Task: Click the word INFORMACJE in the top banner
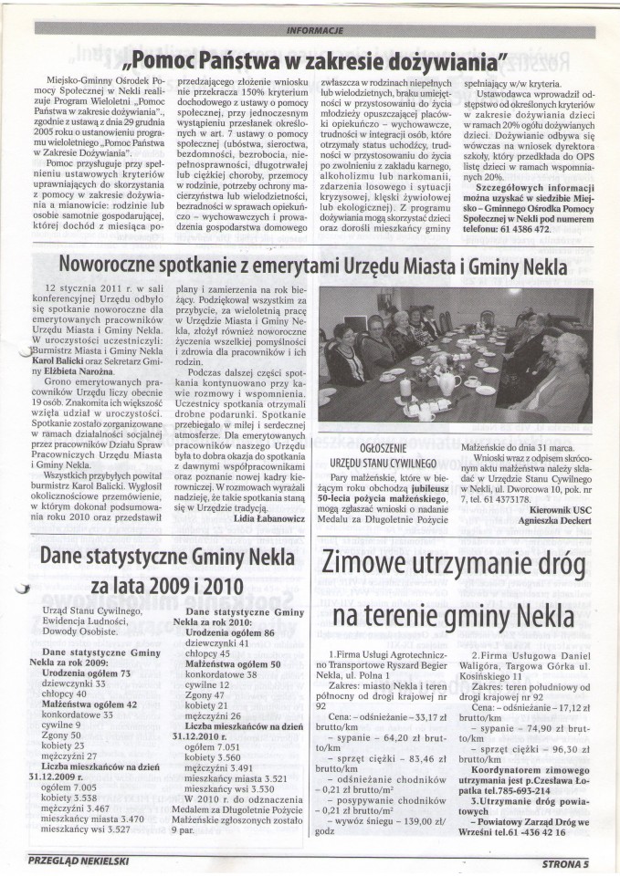(x=315, y=29)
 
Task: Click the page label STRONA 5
(x=569, y=860)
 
